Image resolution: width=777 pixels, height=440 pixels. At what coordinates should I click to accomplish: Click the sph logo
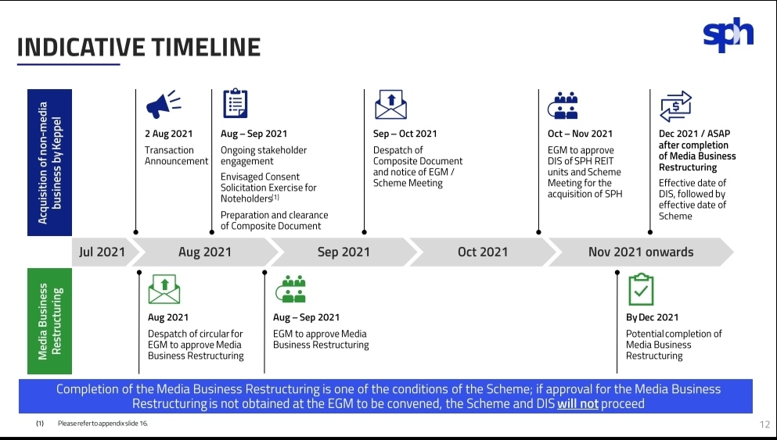click(728, 34)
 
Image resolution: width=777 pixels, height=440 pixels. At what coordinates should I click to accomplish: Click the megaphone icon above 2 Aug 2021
click(163, 105)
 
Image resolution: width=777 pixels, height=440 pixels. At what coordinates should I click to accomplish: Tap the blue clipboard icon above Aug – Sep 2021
click(235, 103)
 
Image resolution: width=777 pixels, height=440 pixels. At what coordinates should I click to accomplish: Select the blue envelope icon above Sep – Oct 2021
click(391, 105)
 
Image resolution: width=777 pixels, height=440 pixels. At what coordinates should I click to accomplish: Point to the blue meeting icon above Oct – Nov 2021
click(563, 106)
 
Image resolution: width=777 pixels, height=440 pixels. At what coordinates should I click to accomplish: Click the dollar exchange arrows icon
click(675, 106)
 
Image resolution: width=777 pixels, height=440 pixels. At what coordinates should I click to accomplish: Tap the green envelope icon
click(164, 289)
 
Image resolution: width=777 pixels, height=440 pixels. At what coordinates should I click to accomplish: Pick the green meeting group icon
click(291, 289)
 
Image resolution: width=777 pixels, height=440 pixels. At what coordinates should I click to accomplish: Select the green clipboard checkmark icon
click(641, 289)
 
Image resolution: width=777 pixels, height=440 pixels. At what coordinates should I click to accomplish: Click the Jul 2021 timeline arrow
click(102, 252)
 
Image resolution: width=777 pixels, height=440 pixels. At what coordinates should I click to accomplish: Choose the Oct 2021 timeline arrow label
click(483, 252)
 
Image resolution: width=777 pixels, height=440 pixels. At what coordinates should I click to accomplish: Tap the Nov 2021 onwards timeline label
click(641, 252)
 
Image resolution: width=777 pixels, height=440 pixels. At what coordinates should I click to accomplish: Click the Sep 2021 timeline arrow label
click(344, 252)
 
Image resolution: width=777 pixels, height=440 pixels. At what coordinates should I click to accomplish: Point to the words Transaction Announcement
click(176, 156)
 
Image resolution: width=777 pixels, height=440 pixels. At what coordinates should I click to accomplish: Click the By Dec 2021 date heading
click(652, 317)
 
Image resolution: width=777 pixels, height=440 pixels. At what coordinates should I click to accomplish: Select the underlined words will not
click(577, 404)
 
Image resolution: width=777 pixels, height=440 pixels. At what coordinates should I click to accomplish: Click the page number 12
click(764, 424)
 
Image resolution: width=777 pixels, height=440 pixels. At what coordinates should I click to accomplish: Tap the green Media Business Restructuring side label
click(49, 321)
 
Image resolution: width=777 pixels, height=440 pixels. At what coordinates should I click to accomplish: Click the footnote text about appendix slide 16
click(103, 423)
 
